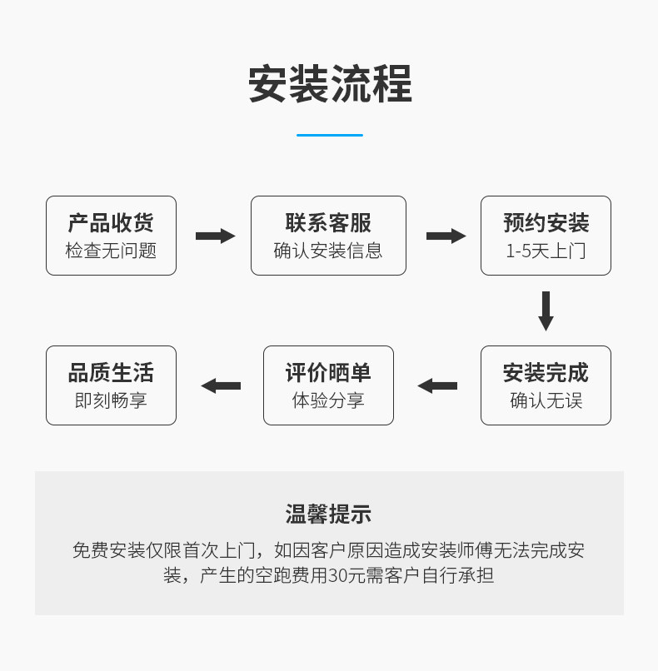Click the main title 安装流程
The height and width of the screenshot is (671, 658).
[330, 84]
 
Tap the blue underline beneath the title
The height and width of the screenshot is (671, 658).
[330, 135]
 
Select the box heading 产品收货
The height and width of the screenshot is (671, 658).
[111, 223]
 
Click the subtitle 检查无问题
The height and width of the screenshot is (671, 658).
[111, 251]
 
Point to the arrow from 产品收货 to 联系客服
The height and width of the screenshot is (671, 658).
[216, 236]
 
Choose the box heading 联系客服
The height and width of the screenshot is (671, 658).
[328, 223]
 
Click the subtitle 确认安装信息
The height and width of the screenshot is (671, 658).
[328, 251]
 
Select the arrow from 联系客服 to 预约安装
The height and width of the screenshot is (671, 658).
[446, 236]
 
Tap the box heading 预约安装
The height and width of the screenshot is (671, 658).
[546, 223]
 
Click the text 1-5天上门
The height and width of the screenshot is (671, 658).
[546, 251]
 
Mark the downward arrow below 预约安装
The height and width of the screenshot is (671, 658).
[546, 311]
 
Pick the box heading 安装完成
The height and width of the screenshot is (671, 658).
[546, 373]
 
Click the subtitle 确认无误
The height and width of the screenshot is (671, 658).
[546, 400]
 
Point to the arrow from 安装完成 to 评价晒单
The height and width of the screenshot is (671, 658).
[437, 386]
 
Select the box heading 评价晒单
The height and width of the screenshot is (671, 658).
[328, 373]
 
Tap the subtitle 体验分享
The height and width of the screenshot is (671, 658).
[328, 400]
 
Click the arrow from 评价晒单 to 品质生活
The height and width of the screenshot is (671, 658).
[221, 386]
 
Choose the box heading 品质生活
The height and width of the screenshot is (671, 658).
[111, 373]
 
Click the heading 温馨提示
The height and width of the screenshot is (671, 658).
[328, 514]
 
